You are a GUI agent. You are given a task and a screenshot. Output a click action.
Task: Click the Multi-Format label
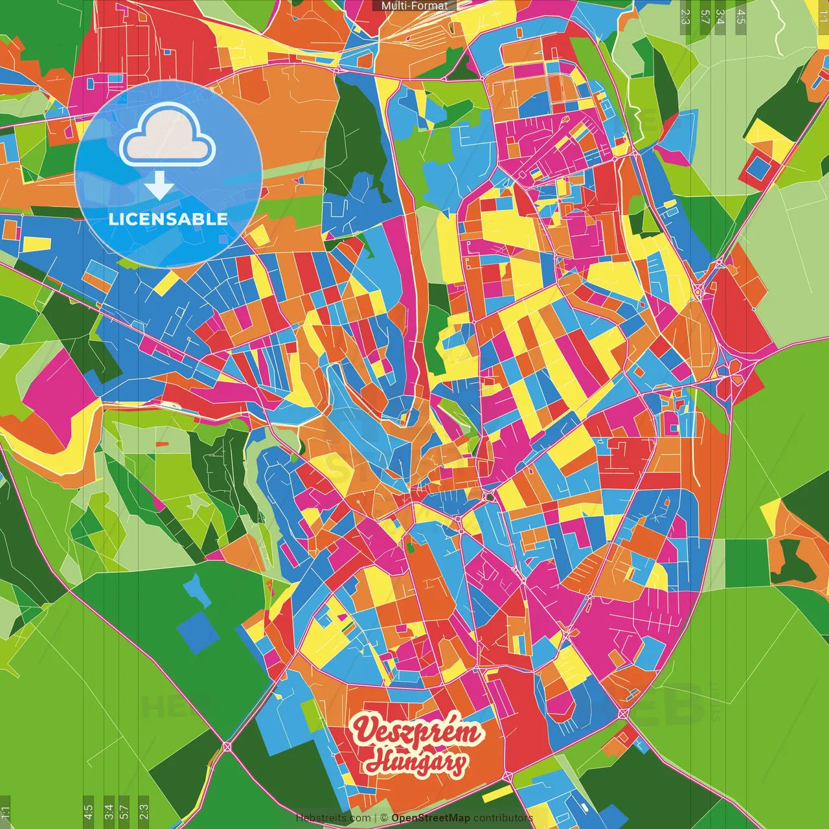click(414, 6)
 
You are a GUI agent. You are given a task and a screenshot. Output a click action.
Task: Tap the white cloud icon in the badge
click(168, 135)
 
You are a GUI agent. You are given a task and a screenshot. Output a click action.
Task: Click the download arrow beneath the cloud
click(159, 187)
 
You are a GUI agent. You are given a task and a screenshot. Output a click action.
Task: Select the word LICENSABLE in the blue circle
click(168, 219)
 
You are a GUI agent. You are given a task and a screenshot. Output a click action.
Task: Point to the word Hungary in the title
click(415, 762)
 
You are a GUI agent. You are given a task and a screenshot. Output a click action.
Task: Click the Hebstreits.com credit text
click(333, 818)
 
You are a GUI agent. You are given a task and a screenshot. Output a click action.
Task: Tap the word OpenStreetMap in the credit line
click(431, 818)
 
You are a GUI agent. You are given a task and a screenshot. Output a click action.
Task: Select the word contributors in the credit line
click(503, 818)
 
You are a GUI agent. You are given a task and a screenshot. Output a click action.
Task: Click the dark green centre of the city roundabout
click(490, 497)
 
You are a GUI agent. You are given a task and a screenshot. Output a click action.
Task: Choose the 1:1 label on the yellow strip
click(823, 13)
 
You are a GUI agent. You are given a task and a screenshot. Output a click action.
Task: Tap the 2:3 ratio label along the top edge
click(685, 16)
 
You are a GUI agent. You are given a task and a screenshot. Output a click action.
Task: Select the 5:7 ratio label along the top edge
click(705, 16)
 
